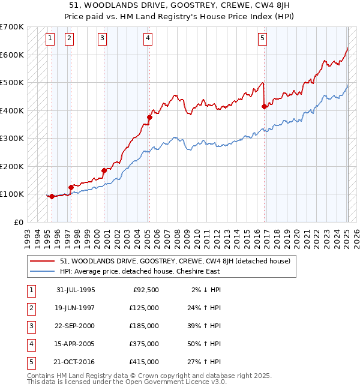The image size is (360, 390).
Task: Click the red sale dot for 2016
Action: [264, 107]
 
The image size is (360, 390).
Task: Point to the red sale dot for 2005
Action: [149, 118]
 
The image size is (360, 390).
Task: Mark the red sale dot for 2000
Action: [104, 170]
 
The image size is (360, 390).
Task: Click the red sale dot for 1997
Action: [71, 187]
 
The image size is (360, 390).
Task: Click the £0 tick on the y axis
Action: [18, 222]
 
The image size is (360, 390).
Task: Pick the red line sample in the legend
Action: [43, 261]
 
